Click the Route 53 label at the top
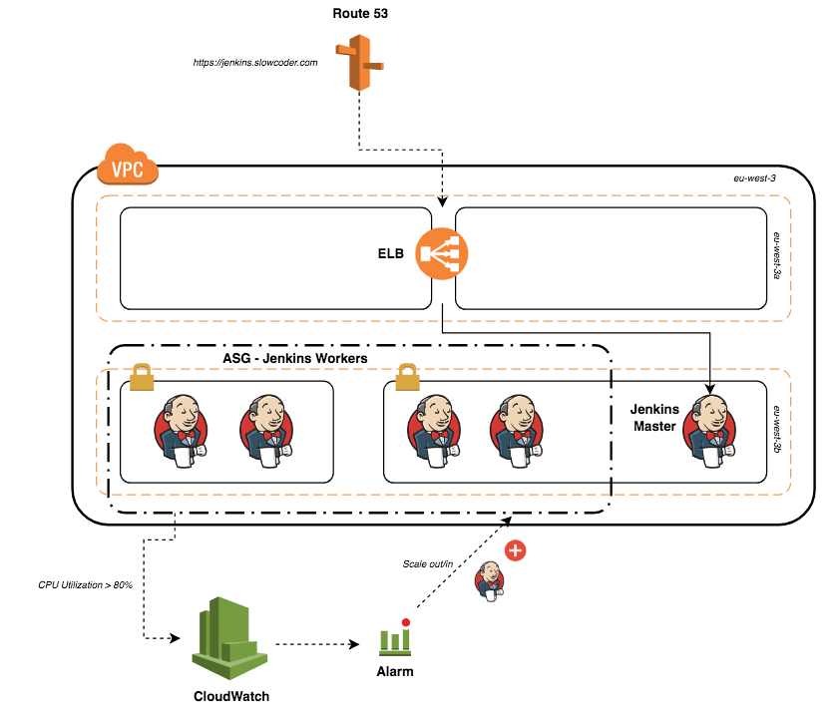[x=360, y=13]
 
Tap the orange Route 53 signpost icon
[x=359, y=62]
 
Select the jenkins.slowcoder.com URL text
[x=255, y=63]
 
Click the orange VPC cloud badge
[x=128, y=164]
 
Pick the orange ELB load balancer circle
[x=441, y=253]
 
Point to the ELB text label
[x=390, y=253]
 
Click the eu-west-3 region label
[x=754, y=178]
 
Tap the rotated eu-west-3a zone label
[x=777, y=255]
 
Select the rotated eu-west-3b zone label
[x=777, y=429]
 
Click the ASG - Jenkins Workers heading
[x=295, y=358]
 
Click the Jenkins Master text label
[x=654, y=418]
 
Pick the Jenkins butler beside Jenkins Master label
[x=708, y=431]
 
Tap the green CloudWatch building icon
[x=229, y=638]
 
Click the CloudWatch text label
[x=231, y=696]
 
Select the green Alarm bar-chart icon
[x=395, y=638]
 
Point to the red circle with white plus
[x=516, y=550]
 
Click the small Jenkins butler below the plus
[x=489, y=581]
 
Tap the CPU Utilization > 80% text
[x=85, y=584]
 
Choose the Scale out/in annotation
[x=428, y=563]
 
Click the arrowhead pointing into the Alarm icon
[x=354, y=643]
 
